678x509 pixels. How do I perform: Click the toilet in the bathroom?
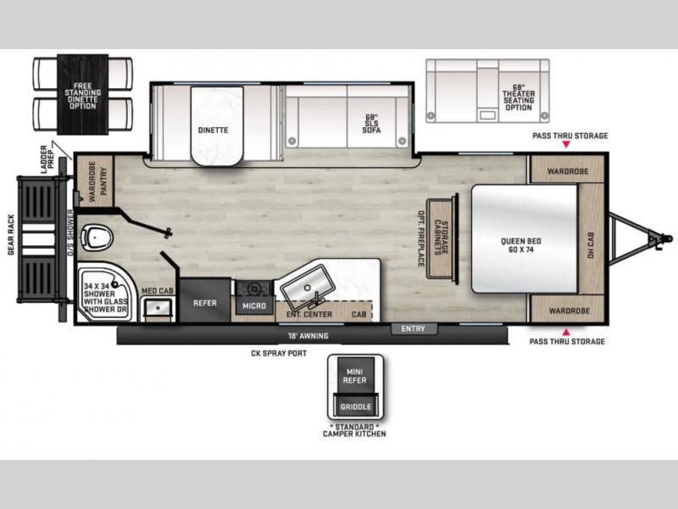point(97,238)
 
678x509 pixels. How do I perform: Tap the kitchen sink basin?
point(307,286)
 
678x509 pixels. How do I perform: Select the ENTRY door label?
point(414,329)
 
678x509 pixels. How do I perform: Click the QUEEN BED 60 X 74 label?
point(521,245)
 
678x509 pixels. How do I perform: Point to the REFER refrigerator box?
point(205,300)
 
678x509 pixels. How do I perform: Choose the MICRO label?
point(254,305)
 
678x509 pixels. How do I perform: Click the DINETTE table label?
point(214,130)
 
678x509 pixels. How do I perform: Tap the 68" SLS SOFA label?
point(371,123)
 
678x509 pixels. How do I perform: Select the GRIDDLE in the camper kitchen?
point(355,406)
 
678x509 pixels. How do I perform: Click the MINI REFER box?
point(354,376)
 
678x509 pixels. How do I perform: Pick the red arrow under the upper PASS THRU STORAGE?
point(566,144)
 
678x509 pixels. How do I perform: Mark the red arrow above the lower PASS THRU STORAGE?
point(565,333)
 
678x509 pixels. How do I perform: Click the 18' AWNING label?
point(308,335)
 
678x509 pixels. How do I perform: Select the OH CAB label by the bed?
point(591,245)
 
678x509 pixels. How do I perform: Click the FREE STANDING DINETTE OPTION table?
point(82,94)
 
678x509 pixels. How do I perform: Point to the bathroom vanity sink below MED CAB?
point(158,308)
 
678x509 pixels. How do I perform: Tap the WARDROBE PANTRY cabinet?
point(95,181)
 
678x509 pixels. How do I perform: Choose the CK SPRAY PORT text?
point(279,353)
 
